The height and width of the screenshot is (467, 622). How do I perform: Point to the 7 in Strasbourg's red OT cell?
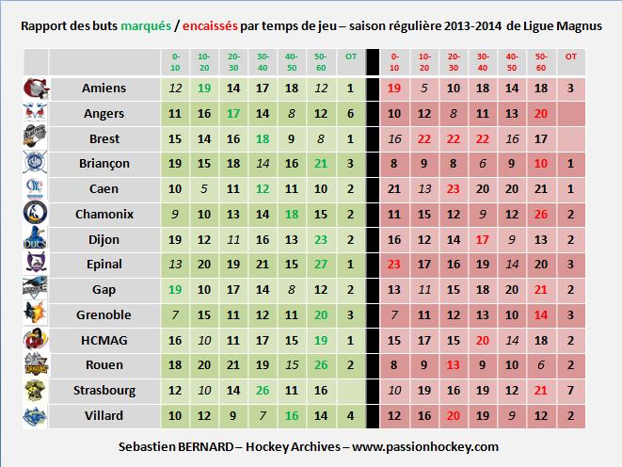(x=569, y=389)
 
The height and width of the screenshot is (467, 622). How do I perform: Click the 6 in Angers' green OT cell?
(x=350, y=113)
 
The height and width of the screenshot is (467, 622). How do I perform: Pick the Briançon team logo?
(x=33, y=163)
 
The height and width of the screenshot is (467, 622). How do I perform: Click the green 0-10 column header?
(x=175, y=62)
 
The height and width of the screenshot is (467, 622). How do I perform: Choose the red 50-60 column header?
(x=539, y=62)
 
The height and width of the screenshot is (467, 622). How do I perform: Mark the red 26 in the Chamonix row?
(x=539, y=214)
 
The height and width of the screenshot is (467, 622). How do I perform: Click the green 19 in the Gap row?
(x=175, y=289)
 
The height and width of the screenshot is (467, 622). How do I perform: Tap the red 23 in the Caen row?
(x=454, y=188)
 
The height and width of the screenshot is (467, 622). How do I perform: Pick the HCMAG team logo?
(x=33, y=339)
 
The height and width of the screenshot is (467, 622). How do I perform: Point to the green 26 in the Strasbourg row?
(x=263, y=389)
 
